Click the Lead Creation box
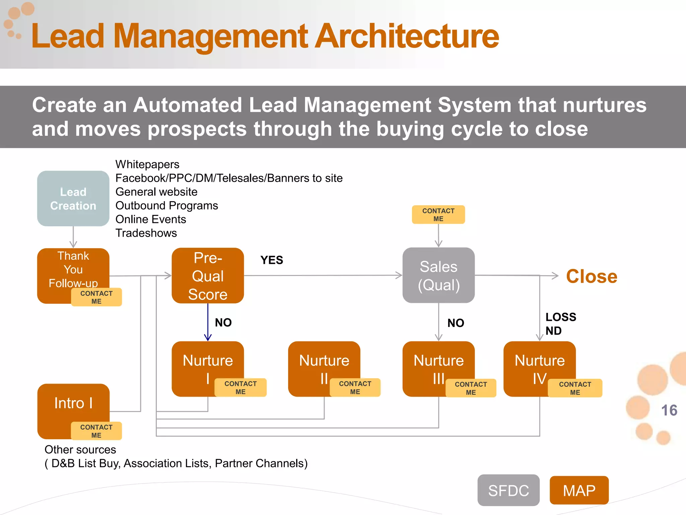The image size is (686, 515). [x=73, y=198]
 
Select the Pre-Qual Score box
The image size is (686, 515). [x=208, y=276]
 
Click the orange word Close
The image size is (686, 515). [x=592, y=277]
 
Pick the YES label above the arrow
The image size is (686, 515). [x=272, y=260]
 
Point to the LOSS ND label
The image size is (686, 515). [x=560, y=324]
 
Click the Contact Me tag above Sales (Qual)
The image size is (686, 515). [x=438, y=215]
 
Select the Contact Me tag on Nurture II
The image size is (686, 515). [x=355, y=388]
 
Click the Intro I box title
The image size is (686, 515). [x=73, y=403]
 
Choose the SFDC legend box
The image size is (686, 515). [x=508, y=491]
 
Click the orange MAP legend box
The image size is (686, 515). [x=579, y=491]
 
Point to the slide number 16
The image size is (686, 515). [x=669, y=410]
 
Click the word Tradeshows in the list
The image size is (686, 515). [x=146, y=233]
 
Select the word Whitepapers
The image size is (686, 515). [x=147, y=164]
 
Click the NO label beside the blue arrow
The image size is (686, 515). [x=223, y=323]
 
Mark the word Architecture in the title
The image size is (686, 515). [x=407, y=36]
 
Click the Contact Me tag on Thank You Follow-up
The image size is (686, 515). [x=96, y=297]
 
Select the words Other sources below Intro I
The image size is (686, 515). [x=80, y=450]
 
